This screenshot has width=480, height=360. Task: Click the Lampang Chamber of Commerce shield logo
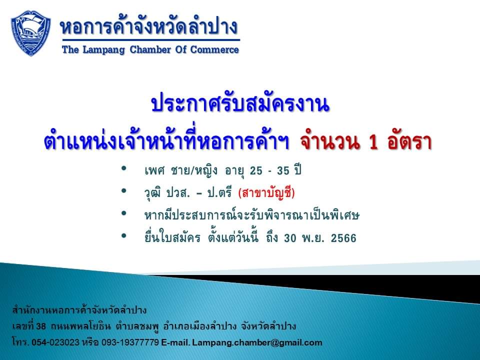coord(31,33)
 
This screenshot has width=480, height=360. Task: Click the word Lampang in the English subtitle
coord(104,50)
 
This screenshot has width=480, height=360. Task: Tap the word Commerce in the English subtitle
coord(214,49)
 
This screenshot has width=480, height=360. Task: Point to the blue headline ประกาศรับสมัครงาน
coord(240,104)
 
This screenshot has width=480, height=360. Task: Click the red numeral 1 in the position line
coord(373,142)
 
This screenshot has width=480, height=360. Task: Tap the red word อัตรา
coord(409,141)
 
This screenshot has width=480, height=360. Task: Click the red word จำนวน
coord(329,141)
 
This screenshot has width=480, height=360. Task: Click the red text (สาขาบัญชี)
coord(266,193)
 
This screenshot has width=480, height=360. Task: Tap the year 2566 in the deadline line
coord(343,238)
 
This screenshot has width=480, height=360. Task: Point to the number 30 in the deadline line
coord(290,238)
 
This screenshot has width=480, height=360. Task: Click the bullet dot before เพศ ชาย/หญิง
coord(124,168)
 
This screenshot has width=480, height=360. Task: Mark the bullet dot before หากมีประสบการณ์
coord(124,213)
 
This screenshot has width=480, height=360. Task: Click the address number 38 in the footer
coord(41,326)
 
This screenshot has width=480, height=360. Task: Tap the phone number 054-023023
coord(55,342)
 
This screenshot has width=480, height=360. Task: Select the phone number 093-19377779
coord(130,342)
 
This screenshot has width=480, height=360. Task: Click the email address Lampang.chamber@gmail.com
coord(257,342)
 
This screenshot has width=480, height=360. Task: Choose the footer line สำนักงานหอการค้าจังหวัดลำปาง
coord(79,310)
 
